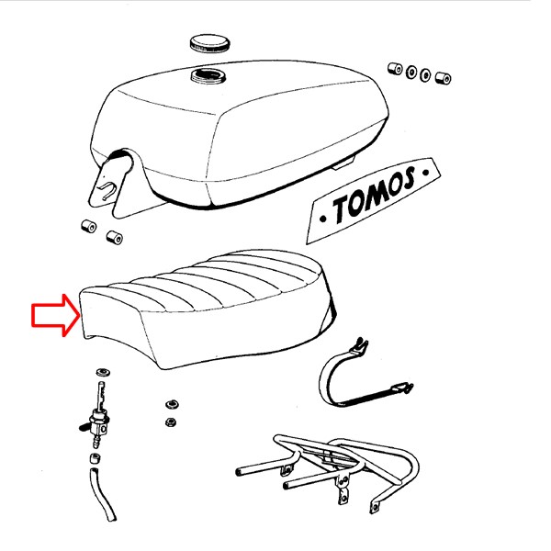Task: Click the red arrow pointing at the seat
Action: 56,315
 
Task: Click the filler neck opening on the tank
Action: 208,76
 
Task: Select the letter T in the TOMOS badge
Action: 343,208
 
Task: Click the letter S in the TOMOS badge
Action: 407,178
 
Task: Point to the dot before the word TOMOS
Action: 323,219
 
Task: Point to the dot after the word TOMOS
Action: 426,173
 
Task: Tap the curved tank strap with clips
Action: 362,377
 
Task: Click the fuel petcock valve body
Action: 97,423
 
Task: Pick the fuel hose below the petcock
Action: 103,495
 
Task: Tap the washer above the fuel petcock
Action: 103,372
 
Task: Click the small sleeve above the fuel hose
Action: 95,459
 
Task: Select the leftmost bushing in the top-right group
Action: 395,68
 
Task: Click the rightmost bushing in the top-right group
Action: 444,78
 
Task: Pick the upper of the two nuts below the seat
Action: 173,404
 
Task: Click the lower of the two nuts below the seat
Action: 171,422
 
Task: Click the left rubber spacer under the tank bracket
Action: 88,226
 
